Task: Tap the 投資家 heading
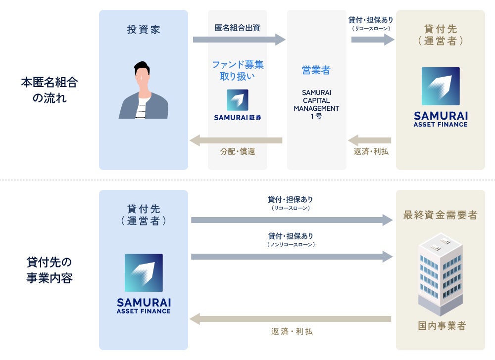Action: pos(144,30)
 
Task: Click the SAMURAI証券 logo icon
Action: pos(238,100)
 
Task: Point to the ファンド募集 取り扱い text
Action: pos(238,70)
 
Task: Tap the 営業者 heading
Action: pos(316,70)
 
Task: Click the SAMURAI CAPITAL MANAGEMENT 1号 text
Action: pos(316,104)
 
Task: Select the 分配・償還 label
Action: pos(238,152)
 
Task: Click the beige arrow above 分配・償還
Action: pos(236,140)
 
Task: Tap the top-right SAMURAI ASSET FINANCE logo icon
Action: pos(441,86)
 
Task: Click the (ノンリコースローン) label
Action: pos(291,244)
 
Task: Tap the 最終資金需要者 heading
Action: pos(440,215)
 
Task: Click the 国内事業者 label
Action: pos(440,326)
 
